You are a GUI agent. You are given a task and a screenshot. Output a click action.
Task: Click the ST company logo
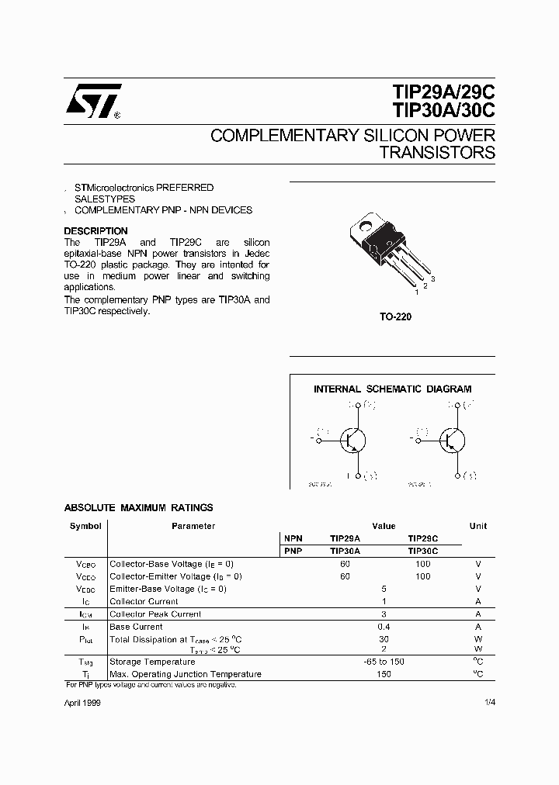coord(92,101)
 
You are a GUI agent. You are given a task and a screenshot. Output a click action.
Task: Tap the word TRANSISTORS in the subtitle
coord(437,152)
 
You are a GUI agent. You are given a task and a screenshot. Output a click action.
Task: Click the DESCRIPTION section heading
coord(95,231)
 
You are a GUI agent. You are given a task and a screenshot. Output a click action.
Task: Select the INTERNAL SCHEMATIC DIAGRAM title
coord(392,389)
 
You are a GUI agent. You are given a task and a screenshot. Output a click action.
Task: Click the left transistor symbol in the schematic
coord(353,440)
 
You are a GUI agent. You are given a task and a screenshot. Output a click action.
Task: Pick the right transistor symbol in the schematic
coord(451,440)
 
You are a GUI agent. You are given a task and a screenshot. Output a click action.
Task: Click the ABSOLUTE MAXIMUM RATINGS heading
coord(138,508)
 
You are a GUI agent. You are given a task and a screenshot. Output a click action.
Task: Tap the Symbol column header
coord(85,526)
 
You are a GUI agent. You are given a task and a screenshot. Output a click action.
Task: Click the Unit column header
coord(478,526)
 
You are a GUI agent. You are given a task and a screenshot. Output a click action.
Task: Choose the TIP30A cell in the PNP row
coord(345,551)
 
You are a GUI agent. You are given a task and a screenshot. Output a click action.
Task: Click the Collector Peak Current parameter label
coord(155,614)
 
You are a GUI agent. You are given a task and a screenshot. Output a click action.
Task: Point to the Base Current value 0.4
coord(384,627)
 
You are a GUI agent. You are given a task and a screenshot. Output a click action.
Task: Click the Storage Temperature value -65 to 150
coord(384,662)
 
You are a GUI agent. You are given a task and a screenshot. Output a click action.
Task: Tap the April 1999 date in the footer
coord(82,703)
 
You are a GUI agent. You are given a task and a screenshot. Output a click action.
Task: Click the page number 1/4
coord(489,703)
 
